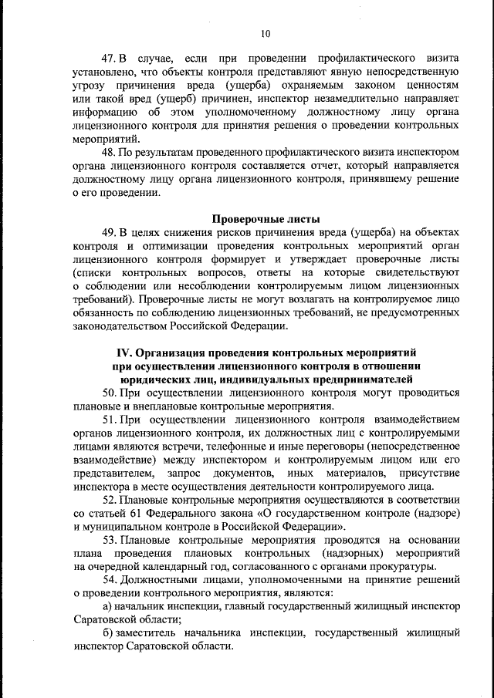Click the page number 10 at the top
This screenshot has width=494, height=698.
click(x=266, y=33)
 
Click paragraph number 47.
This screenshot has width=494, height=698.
click(x=109, y=59)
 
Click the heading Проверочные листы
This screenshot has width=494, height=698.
click(x=266, y=218)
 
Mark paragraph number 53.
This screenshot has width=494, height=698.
click(x=109, y=540)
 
